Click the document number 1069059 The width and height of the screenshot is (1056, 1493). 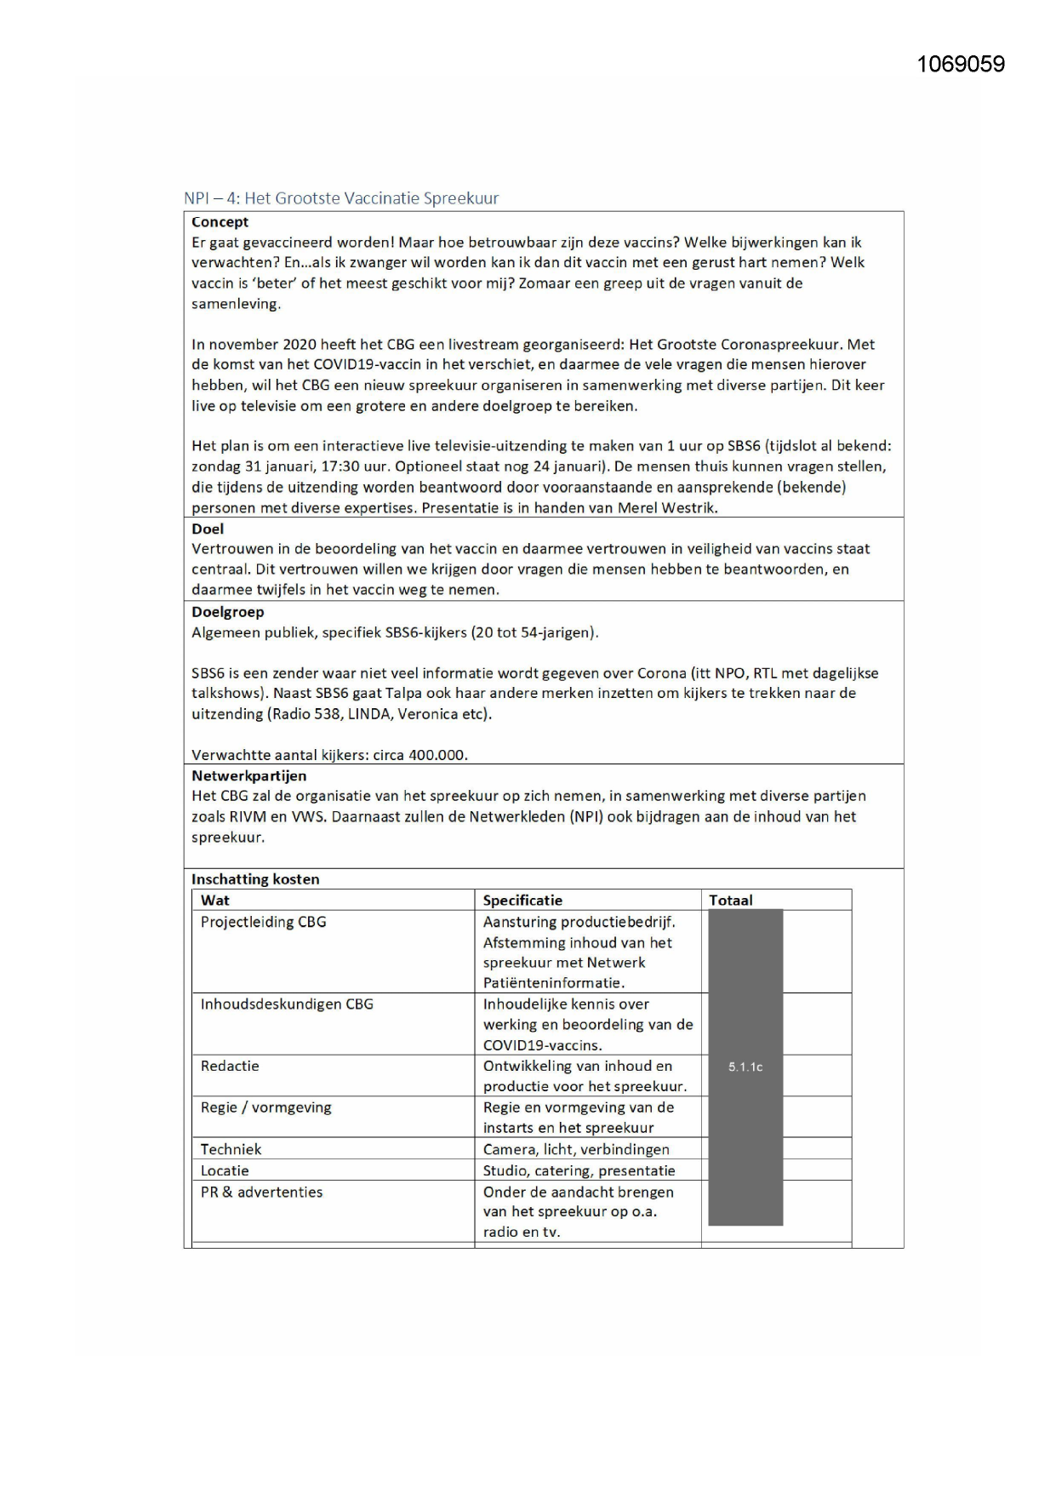[x=961, y=65]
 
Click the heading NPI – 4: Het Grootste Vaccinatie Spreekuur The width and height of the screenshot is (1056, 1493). [x=341, y=198]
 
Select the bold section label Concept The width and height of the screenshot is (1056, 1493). [x=220, y=222]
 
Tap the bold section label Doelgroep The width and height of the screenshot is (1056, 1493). [x=227, y=612]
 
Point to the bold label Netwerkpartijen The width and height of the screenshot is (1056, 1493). [x=248, y=776]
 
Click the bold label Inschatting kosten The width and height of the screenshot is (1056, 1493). [x=255, y=879]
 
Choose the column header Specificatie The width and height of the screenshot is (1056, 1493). [x=522, y=901]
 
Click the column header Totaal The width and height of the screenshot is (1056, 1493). [x=730, y=901]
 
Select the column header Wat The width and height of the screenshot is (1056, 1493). [x=214, y=901]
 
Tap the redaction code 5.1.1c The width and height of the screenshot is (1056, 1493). [x=745, y=1067]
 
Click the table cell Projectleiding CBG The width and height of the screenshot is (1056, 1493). [x=263, y=922]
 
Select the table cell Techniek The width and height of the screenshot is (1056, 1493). [x=231, y=1149]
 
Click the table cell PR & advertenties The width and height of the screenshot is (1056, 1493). [x=261, y=1193]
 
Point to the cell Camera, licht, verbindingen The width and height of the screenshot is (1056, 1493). [x=576, y=1149]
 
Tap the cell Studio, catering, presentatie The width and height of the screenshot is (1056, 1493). [x=579, y=1171]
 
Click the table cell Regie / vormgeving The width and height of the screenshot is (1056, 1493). [x=265, y=1107]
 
